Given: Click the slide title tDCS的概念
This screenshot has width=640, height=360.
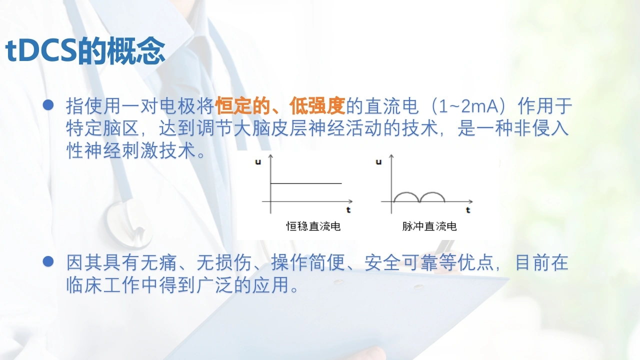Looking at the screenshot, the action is pos(85,50).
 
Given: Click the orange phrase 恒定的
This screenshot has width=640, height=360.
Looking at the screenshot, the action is pos(243,105).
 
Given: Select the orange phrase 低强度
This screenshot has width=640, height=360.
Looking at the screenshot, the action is pos(317,105).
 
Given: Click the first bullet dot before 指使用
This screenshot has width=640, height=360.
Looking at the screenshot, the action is pos(48,105).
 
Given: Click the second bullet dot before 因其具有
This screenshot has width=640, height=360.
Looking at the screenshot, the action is pos(48,261).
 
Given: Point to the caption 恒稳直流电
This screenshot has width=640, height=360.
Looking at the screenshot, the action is pos(313,226).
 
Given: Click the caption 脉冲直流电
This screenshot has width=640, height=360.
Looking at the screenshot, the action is pos(429,226).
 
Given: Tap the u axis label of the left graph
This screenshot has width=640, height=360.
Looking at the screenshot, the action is pos(258,162).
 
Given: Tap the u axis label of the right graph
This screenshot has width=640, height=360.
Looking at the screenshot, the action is pos(379,162).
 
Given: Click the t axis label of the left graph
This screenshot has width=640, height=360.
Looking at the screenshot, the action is pos(348,210).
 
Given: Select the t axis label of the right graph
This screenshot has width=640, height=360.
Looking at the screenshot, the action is pos(468,210).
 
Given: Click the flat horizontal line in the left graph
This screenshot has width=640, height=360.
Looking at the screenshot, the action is pos(306,183).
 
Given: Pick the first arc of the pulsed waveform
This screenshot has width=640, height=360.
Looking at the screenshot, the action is pos(406,192).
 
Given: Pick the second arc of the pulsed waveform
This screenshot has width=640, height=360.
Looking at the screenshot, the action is pos(432,192).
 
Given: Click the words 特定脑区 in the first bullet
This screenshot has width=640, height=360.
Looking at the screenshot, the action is pos(103,128).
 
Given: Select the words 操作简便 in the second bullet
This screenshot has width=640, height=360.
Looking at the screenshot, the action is pos(308,262).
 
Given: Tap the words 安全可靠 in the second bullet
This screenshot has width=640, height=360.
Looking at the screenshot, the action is pos(401,262).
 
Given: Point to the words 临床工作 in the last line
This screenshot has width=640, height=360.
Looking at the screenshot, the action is pos(103,284).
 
